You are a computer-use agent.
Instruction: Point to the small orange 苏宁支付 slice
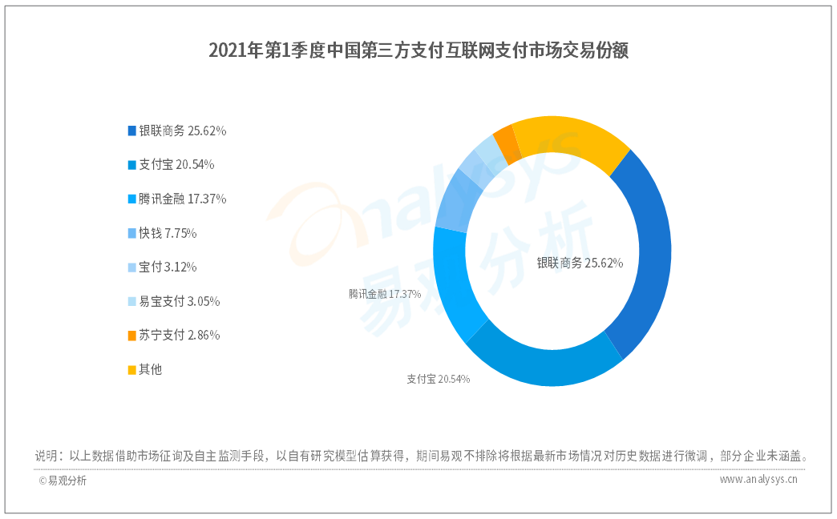click(503, 141)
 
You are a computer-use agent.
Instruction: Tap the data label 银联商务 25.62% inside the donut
click(580, 262)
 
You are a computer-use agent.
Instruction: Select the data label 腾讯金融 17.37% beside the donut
click(385, 294)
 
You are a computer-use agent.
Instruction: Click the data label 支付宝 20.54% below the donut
click(438, 379)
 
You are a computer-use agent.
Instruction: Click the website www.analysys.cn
click(758, 480)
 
